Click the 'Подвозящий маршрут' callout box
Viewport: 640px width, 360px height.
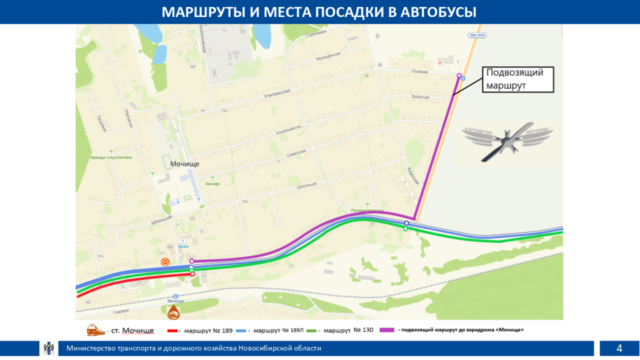point(514,79)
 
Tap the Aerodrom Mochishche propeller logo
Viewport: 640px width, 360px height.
point(507,140)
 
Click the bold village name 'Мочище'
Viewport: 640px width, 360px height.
point(184,163)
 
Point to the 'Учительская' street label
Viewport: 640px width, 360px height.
point(277,94)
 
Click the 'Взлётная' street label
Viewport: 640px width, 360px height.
point(421,97)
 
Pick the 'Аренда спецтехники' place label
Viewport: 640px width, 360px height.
point(111,157)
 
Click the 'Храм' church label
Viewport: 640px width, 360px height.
point(183,246)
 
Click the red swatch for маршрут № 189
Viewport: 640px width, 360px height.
point(174,329)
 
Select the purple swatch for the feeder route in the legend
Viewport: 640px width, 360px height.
point(387,329)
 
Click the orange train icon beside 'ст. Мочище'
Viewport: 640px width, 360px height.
point(95,329)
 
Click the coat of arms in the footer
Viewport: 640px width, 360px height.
point(49,348)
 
